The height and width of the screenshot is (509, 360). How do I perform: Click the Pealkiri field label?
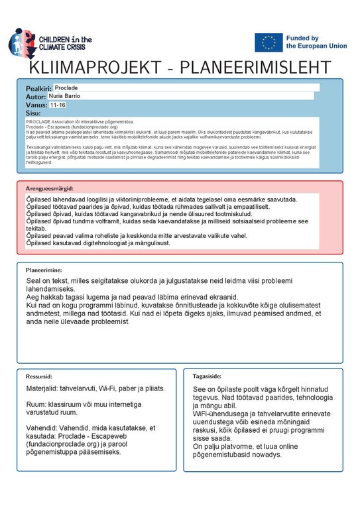click(x=38, y=88)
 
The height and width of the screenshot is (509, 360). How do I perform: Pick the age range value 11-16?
click(x=58, y=105)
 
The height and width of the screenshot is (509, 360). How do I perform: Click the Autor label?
click(x=36, y=97)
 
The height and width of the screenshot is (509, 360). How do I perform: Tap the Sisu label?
click(x=32, y=113)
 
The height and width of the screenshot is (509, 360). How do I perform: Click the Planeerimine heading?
click(x=44, y=270)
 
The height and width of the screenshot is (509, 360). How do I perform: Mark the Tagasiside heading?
click(x=207, y=375)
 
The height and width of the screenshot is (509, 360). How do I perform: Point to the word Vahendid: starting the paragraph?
click(x=41, y=427)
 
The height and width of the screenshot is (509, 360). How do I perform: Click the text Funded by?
click(x=302, y=38)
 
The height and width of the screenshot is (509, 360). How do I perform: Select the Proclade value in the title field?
click(x=66, y=87)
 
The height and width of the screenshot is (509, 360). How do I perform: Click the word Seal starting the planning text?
click(x=34, y=282)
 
